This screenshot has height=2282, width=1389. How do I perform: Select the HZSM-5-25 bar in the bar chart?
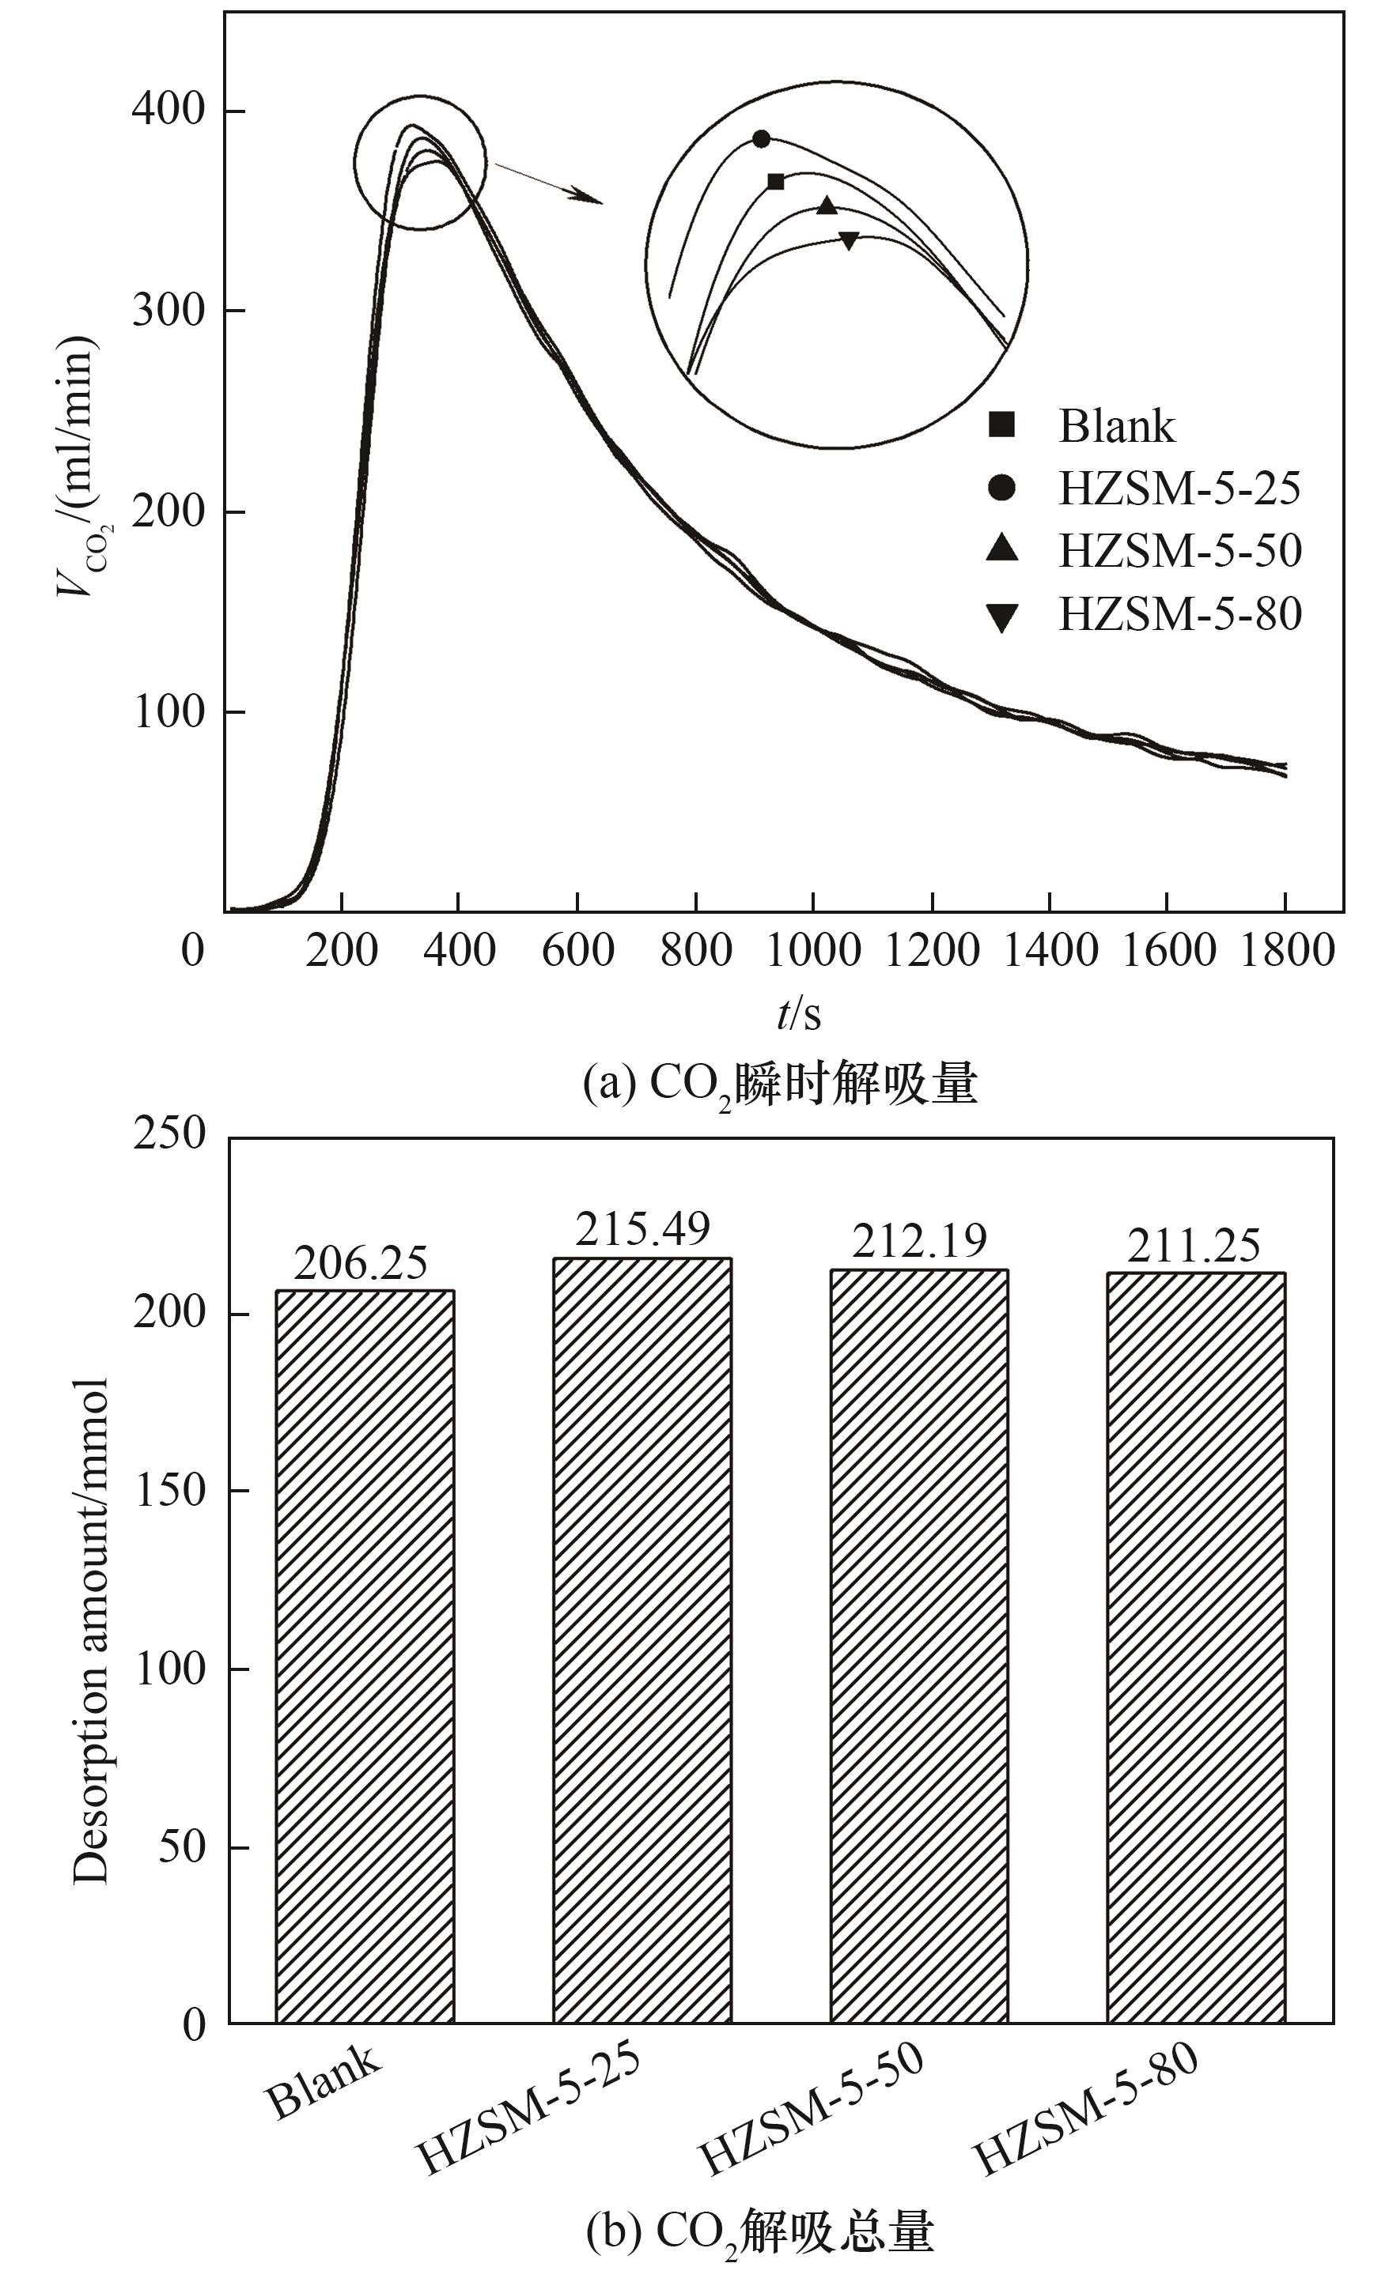(642, 1639)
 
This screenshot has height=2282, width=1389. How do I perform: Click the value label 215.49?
(642, 1230)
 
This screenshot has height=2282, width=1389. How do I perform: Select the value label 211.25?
(1194, 1247)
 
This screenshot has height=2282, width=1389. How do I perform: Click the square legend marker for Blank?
(1001, 425)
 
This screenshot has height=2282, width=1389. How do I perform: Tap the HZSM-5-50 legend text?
(1179, 551)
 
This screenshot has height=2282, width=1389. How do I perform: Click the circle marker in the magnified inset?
(761, 139)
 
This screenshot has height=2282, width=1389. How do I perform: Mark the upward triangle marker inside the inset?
(827, 206)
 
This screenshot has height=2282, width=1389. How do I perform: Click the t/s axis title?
(799, 1014)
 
